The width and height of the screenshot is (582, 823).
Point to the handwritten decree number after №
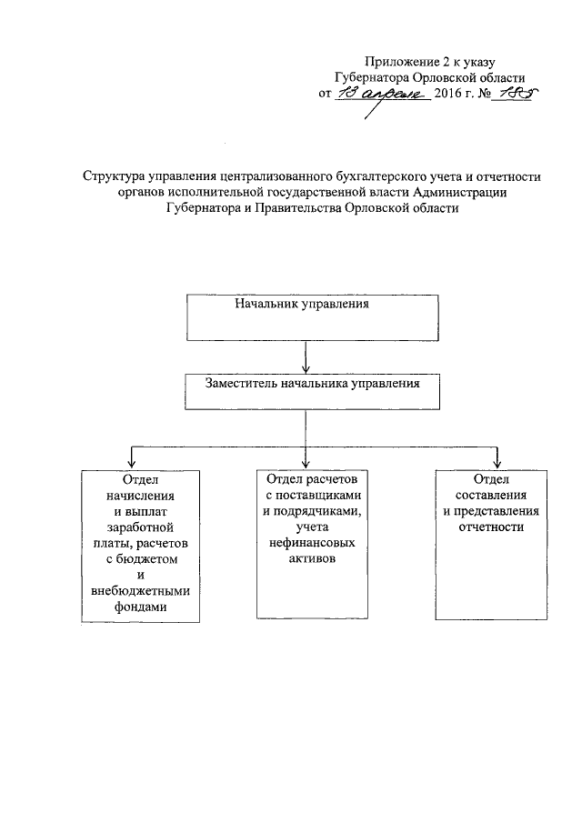pos(511,93)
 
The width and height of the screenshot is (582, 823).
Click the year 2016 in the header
pos(450,94)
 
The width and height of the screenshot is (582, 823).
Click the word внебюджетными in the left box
pos(141,592)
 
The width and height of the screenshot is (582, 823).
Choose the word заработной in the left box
pos(140,527)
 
